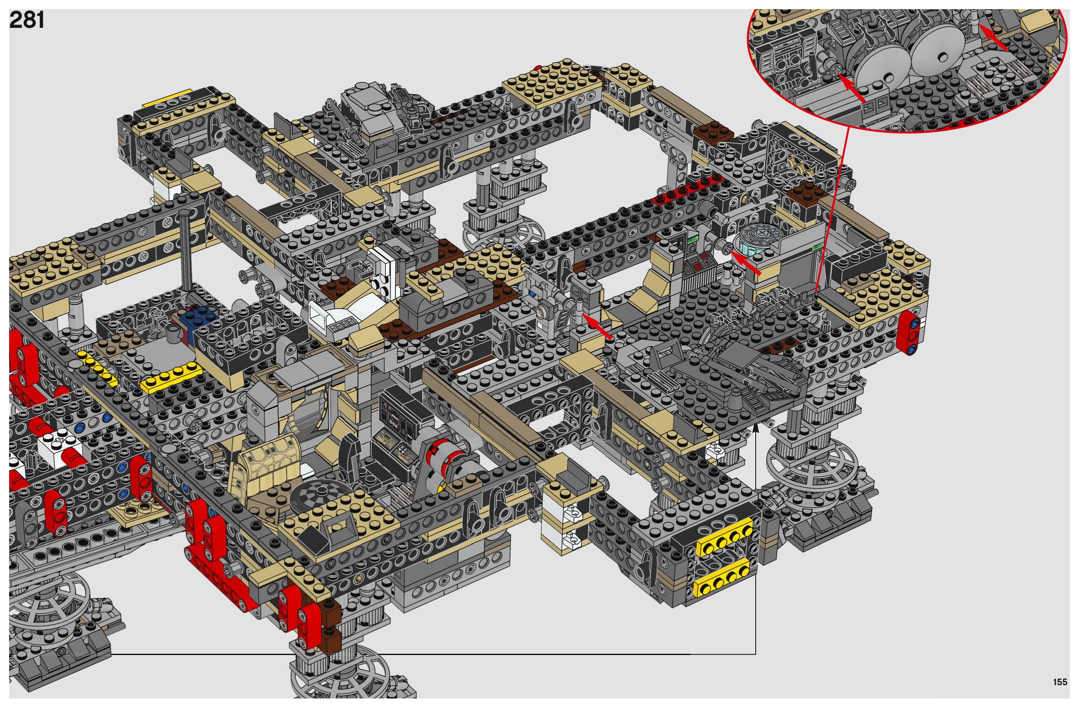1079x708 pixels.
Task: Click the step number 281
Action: (27, 21)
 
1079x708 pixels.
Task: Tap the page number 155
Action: (1060, 682)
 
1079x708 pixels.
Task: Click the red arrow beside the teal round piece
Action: (746, 263)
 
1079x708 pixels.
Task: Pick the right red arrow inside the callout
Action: (993, 37)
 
